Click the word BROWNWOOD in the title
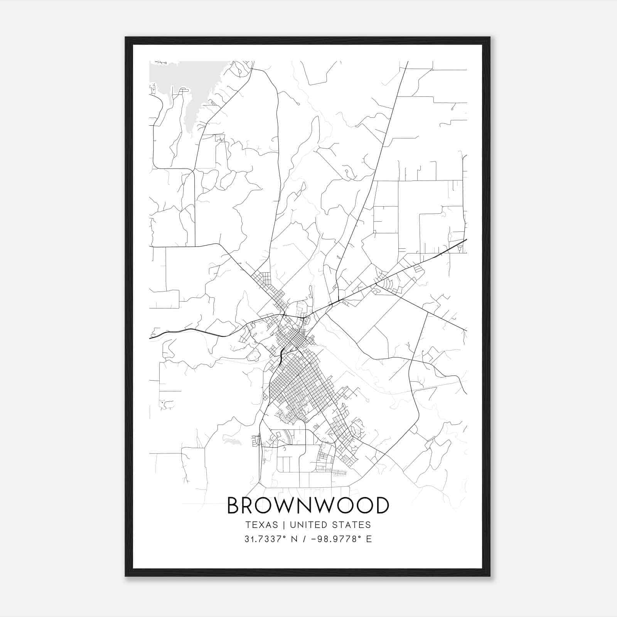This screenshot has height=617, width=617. (x=308, y=506)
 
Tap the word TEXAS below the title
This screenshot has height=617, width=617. (x=261, y=525)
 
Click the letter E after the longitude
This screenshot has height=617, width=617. (x=369, y=539)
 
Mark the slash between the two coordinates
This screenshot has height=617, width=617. (x=305, y=539)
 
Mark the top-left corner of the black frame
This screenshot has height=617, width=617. (x=125, y=37)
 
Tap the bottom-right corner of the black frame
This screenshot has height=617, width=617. (x=490, y=576)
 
